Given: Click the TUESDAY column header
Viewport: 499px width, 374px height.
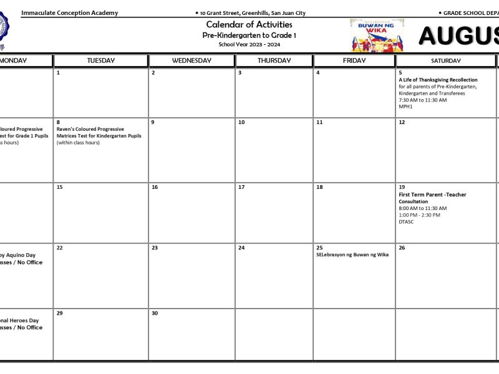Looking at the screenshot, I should click(x=100, y=60).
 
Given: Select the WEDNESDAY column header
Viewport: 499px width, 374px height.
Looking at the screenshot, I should click(x=191, y=60).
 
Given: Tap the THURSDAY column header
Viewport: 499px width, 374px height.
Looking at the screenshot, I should click(x=274, y=60).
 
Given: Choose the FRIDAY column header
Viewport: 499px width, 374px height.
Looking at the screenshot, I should click(x=354, y=60).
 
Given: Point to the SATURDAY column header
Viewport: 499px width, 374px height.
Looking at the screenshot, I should click(x=445, y=60).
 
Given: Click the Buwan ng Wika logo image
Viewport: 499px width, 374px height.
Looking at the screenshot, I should click(x=376, y=35).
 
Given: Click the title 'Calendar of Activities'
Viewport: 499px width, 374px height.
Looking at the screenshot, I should click(x=249, y=24).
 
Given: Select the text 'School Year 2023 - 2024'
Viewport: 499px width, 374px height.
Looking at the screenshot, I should click(x=249, y=44).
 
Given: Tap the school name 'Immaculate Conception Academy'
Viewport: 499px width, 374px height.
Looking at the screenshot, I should click(x=69, y=12).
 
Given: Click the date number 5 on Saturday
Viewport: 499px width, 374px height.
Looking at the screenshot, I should click(x=400, y=73).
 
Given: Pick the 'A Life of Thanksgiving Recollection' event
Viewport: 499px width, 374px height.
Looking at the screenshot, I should click(x=438, y=80).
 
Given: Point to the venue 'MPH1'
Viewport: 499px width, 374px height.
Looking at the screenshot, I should click(x=405, y=107).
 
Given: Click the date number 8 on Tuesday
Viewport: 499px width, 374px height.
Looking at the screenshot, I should click(x=58, y=122).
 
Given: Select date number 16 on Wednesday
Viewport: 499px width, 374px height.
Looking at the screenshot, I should click(x=155, y=187).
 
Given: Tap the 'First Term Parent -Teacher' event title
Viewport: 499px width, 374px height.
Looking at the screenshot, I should click(x=432, y=194).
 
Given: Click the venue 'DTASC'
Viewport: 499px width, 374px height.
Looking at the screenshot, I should click(x=406, y=221).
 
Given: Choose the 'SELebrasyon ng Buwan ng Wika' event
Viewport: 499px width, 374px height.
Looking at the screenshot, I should click(x=352, y=254).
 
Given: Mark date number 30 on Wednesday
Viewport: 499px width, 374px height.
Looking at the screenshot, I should click(x=155, y=313).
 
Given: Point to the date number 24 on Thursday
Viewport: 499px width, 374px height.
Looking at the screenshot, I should click(x=241, y=247).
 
